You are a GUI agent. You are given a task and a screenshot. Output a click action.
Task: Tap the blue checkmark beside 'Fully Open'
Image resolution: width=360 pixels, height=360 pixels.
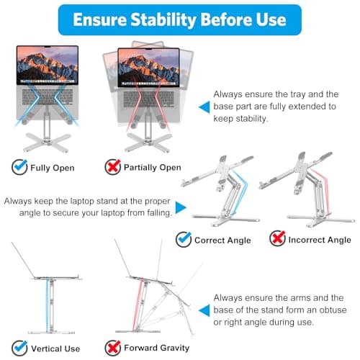19,167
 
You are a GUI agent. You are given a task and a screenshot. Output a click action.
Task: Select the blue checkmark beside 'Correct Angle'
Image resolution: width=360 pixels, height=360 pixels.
184,239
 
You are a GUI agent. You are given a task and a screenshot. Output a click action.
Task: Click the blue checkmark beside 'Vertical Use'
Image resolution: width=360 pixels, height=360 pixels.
19,348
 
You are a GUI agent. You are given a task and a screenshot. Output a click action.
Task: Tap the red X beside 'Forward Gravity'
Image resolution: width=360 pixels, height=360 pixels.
112,348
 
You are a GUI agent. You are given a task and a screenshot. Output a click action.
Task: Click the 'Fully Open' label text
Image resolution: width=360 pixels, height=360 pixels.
52,168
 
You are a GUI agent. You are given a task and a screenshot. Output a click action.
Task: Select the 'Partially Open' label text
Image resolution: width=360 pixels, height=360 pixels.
151,168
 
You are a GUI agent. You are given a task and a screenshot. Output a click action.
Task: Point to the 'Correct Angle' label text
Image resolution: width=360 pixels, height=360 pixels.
222,240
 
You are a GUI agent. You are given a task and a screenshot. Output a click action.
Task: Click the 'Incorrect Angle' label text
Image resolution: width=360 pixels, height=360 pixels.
319,240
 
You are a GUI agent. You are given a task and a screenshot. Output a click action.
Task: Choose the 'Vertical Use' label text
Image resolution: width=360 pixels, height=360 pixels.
55,349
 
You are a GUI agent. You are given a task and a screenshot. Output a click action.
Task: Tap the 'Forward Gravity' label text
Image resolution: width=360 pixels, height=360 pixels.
158,349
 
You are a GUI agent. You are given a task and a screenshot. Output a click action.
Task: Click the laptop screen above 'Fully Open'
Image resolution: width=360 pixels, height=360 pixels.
48,66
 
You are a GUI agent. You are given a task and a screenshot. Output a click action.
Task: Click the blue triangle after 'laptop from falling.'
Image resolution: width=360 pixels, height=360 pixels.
180,207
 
